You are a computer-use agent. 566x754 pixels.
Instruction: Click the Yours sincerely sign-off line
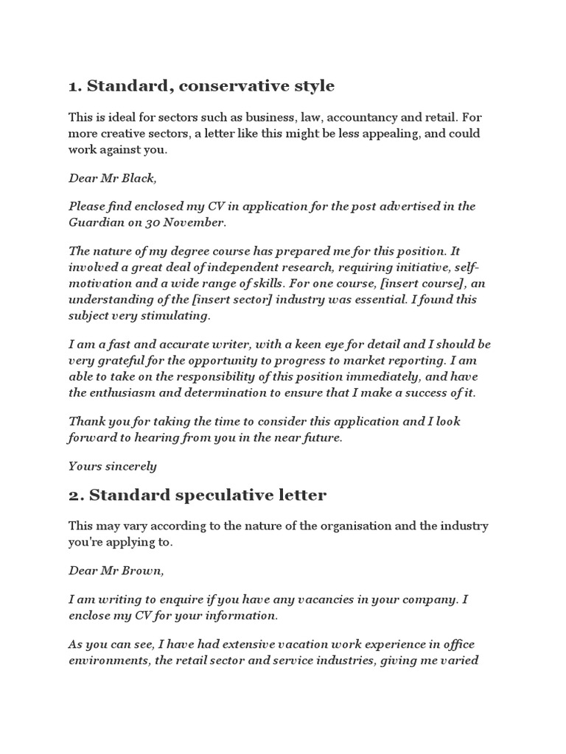point(112,466)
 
